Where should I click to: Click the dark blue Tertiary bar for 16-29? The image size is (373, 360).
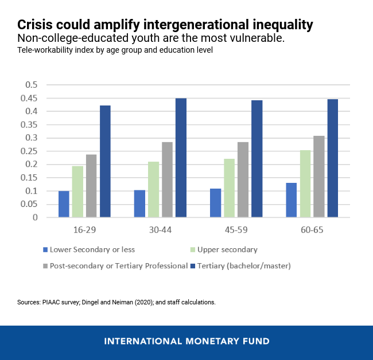105,161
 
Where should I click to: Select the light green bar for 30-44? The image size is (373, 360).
153,189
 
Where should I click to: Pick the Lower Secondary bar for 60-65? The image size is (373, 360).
291,200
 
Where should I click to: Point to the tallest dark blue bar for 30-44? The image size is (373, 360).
181,158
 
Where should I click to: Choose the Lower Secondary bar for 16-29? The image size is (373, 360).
64,204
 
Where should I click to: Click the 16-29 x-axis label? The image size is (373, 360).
84,228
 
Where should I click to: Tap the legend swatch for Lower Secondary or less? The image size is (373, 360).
45,250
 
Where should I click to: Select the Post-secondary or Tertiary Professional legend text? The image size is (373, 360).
119,265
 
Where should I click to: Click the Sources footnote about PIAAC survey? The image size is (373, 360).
116,302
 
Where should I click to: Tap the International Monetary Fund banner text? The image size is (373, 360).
187,341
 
